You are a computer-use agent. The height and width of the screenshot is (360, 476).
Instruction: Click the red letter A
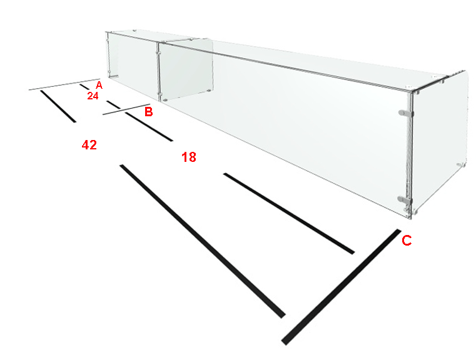pyautogui.click(x=99, y=85)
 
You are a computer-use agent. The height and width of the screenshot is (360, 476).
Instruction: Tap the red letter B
pyautogui.click(x=148, y=112)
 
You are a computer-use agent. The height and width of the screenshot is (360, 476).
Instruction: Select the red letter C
pyautogui.click(x=407, y=241)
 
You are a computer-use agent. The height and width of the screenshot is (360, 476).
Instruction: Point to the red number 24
pyautogui.click(x=93, y=96)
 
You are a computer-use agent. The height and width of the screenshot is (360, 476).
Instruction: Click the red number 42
pyautogui.click(x=89, y=145)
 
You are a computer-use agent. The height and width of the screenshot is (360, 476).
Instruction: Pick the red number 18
pyautogui.click(x=189, y=157)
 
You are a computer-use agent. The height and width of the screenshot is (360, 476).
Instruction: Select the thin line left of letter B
pyautogui.click(x=126, y=109)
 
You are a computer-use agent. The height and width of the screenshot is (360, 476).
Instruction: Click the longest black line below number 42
pyautogui.click(x=203, y=241)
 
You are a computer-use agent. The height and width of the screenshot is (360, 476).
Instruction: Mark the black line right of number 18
pyautogui.click(x=289, y=213)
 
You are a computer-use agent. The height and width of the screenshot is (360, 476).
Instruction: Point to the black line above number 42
pyautogui.click(x=58, y=106)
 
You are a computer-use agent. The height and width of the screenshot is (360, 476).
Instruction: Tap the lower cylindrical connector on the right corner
pyautogui.click(x=405, y=199)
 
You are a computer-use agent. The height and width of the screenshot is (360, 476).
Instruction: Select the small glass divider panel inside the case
pyautogui.click(x=186, y=70)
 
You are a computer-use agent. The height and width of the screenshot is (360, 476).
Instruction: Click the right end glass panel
pyautogui.click(x=440, y=142)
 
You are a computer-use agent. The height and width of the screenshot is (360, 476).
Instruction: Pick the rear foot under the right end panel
pyautogui.click(x=460, y=165)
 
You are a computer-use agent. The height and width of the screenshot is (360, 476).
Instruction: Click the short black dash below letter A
pyautogui.click(x=84, y=87)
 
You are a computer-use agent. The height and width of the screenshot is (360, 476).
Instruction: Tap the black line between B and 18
pyautogui.click(x=149, y=126)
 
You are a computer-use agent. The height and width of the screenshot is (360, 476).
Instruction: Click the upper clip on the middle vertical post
pyautogui.click(x=158, y=52)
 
